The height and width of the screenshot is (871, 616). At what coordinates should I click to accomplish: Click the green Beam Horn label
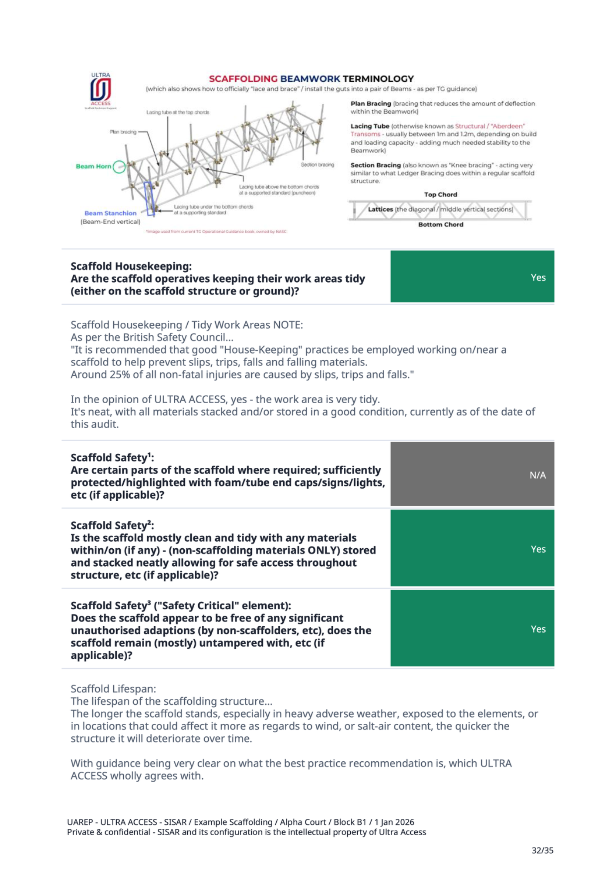tap(93, 166)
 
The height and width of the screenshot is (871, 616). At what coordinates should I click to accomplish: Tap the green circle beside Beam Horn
tap(119, 167)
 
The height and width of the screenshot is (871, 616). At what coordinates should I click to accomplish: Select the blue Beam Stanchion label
tap(110, 213)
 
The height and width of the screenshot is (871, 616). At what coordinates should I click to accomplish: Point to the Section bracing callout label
tap(317, 165)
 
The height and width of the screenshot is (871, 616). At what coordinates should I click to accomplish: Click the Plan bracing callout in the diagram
tap(123, 132)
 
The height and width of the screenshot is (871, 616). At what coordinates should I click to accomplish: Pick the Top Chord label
tap(440, 195)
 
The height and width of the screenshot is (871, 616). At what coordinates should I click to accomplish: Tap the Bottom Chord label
tap(440, 225)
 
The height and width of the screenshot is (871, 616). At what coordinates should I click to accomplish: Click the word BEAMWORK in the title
tap(310, 79)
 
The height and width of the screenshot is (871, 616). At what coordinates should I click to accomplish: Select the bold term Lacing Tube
tap(370, 126)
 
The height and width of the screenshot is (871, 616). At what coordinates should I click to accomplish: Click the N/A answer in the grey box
tap(538, 475)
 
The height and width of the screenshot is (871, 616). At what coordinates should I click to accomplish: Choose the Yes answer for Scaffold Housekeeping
tap(538, 277)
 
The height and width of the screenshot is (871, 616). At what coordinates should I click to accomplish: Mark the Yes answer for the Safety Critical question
tap(538, 629)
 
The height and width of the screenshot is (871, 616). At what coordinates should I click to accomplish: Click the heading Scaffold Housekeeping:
tap(131, 266)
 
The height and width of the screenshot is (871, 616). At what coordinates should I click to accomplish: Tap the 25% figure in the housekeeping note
tap(119, 375)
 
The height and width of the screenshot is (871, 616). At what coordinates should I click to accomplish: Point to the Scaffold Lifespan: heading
tap(113, 689)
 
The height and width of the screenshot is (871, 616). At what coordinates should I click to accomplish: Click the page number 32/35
tap(542, 850)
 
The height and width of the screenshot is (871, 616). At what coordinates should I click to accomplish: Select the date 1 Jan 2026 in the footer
tap(394, 822)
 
